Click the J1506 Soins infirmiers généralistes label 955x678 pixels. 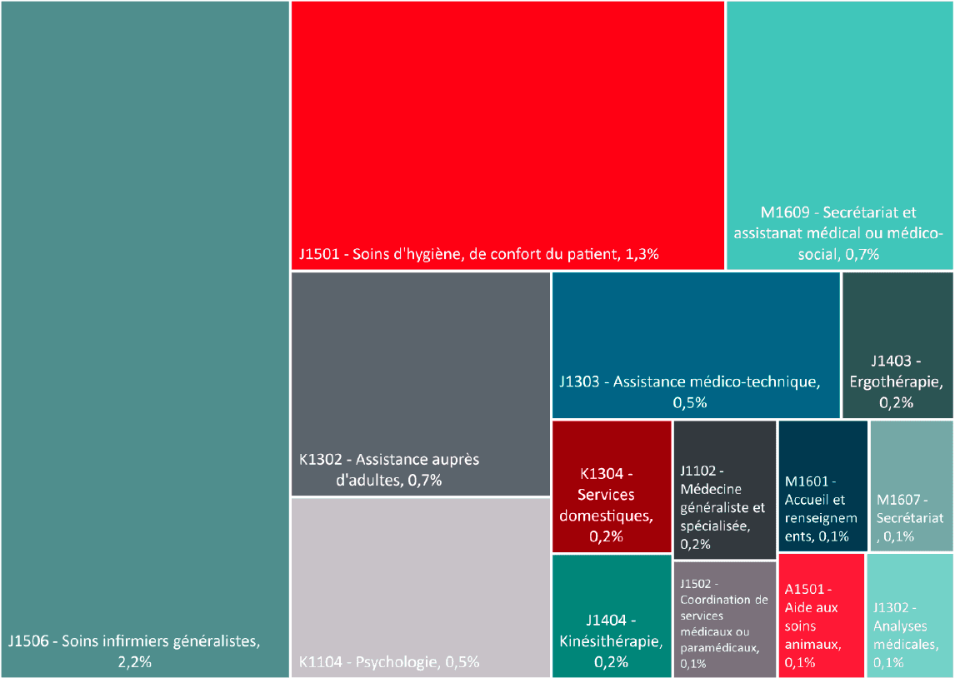click(134, 641)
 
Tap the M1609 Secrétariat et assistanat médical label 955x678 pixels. click(839, 233)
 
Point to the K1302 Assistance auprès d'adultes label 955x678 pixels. click(389, 470)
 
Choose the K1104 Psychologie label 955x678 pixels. click(389, 663)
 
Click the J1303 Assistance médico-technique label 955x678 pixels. click(690, 382)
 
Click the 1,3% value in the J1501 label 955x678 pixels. click(642, 254)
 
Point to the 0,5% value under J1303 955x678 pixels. click(690, 403)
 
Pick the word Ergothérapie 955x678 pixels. click(897, 382)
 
